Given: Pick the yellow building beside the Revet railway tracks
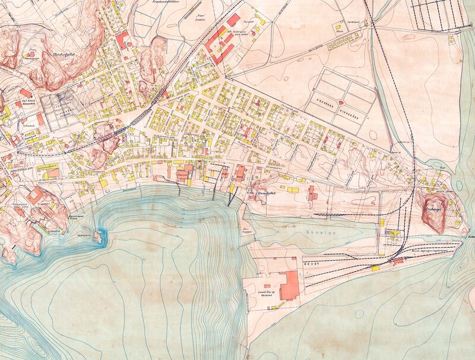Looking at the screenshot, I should [x=375, y=269].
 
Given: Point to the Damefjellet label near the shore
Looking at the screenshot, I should [x=271, y=194].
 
